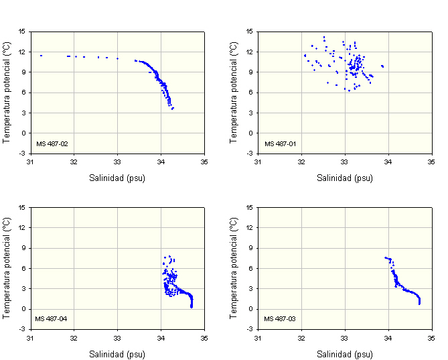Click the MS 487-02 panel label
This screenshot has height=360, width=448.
(x=50, y=143)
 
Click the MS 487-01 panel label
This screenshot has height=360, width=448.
(x=277, y=143)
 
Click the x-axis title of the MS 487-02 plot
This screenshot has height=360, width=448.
(x=117, y=178)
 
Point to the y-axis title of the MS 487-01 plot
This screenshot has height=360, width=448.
(x=234, y=92)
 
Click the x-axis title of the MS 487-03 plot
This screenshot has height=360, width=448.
(x=345, y=354)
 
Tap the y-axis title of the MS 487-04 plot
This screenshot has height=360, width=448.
(x=7, y=267)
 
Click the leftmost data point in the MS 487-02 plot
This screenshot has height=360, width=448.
(x=41, y=56)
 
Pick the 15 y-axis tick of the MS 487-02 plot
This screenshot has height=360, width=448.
(x=22, y=31)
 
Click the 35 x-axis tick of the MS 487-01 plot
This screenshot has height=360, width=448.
(x=432, y=162)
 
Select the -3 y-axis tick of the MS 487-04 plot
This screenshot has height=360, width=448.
(x=22, y=329)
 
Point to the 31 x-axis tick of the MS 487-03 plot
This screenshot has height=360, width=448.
(x=258, y=338)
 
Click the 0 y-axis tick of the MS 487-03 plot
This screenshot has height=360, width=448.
(x=251, y=309)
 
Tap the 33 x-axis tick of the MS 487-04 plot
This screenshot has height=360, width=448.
(x=117, y=338)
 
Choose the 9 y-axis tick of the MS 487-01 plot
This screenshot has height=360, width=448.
(x=251, y=72)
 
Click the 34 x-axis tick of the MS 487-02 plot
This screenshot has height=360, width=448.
(x=161, y=162)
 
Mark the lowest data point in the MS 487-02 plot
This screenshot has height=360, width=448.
(x=172, y=109)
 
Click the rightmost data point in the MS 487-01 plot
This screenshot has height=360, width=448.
(x=382, y=66)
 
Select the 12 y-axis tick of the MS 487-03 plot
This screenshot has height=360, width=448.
(x=250, y=227)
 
